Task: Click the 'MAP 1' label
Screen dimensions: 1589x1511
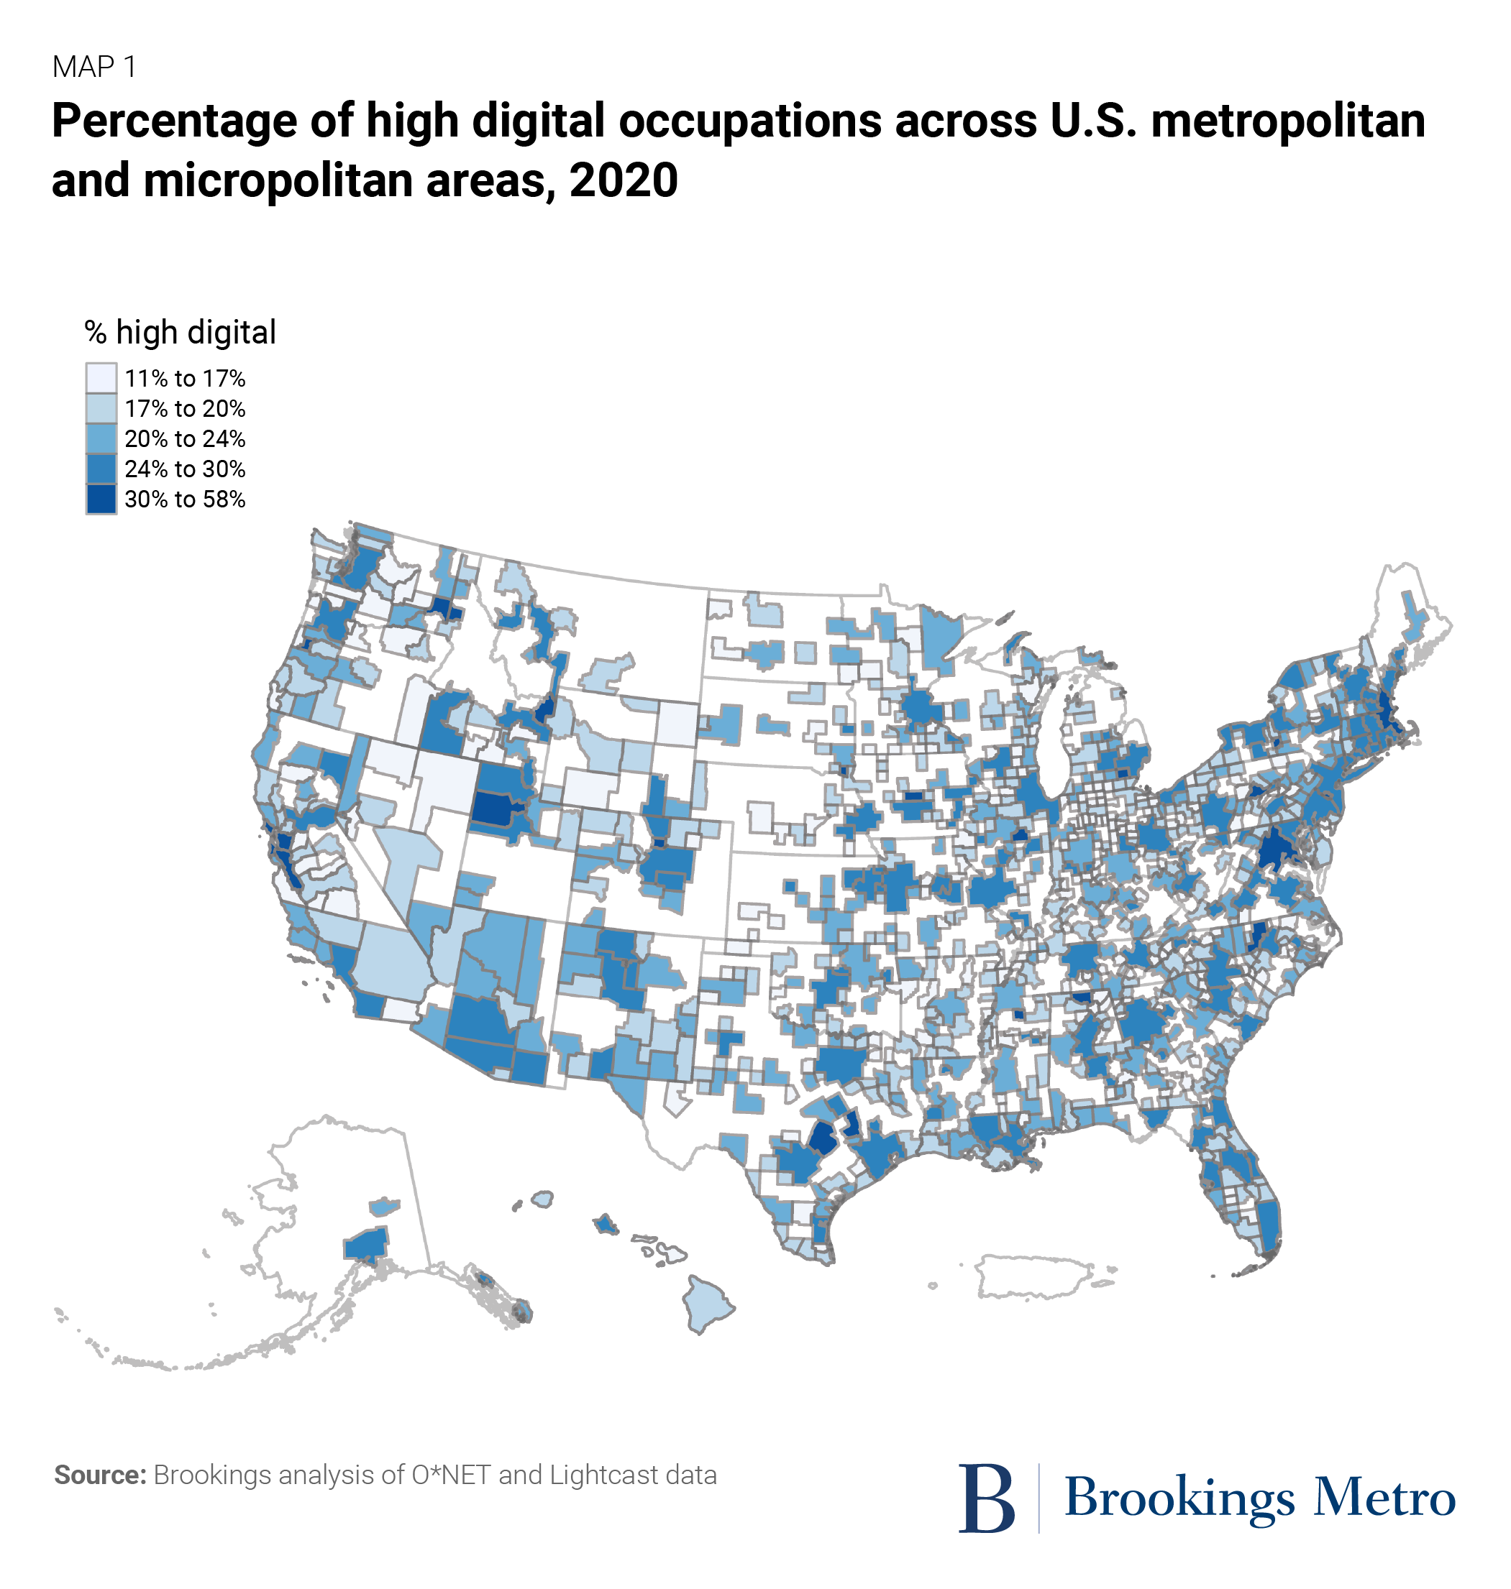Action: click(x=94, y=68)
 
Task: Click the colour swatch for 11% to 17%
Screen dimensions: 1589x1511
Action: click(x=101, y=378)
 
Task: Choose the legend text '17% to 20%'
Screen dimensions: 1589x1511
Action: click(x=184, y=409)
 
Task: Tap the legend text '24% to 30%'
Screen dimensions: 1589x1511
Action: click(x=184, y=469)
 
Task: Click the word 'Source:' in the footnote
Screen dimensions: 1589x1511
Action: click(x=100, y=1475)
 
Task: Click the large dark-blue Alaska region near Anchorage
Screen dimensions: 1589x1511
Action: click(x=368, y=1245)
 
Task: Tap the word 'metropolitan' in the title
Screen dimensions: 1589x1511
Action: click(x=1288, y=121)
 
